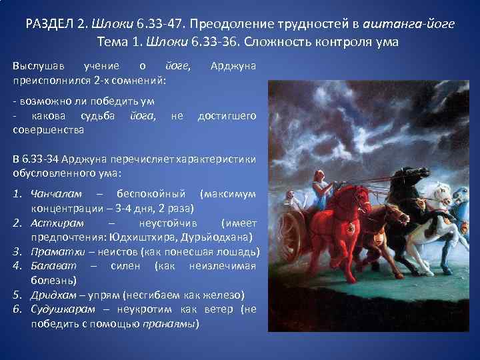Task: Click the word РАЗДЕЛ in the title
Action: pos(50,25)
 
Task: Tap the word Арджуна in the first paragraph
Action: pos(233,66)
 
